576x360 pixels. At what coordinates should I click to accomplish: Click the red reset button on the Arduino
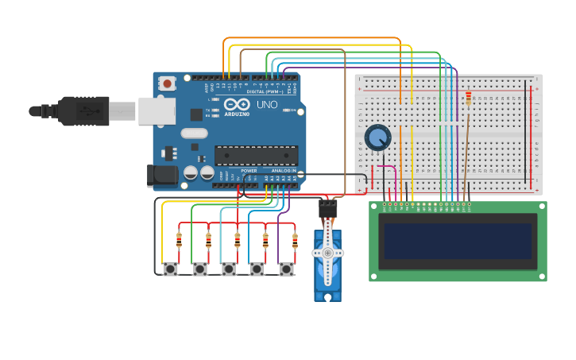coord(167,83)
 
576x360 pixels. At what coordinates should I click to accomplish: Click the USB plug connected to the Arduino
coord(83,111)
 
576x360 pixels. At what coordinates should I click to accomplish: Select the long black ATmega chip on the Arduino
coord(256,156)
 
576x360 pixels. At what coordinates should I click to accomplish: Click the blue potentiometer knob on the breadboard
coord(377,137)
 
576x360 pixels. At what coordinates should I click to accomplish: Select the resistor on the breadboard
coord(469,99)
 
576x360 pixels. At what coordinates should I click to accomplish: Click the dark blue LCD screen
coord(457,241)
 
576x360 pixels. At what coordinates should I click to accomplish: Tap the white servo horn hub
coord(327,253)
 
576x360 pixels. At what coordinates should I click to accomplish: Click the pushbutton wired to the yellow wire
coord(170,269)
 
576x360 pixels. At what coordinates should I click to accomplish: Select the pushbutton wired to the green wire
coord(199,269)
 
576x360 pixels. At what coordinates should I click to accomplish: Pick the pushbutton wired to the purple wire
coord(286,269)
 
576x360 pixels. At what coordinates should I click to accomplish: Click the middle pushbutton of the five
coord(229,269)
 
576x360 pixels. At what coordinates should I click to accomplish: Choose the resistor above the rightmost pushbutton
coord(295,239)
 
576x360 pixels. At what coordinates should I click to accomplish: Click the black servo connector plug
coord(327,209)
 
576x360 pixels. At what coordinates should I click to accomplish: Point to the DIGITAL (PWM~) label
coord(264,91)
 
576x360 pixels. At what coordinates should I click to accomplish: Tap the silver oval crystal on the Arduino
coord(194,134)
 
